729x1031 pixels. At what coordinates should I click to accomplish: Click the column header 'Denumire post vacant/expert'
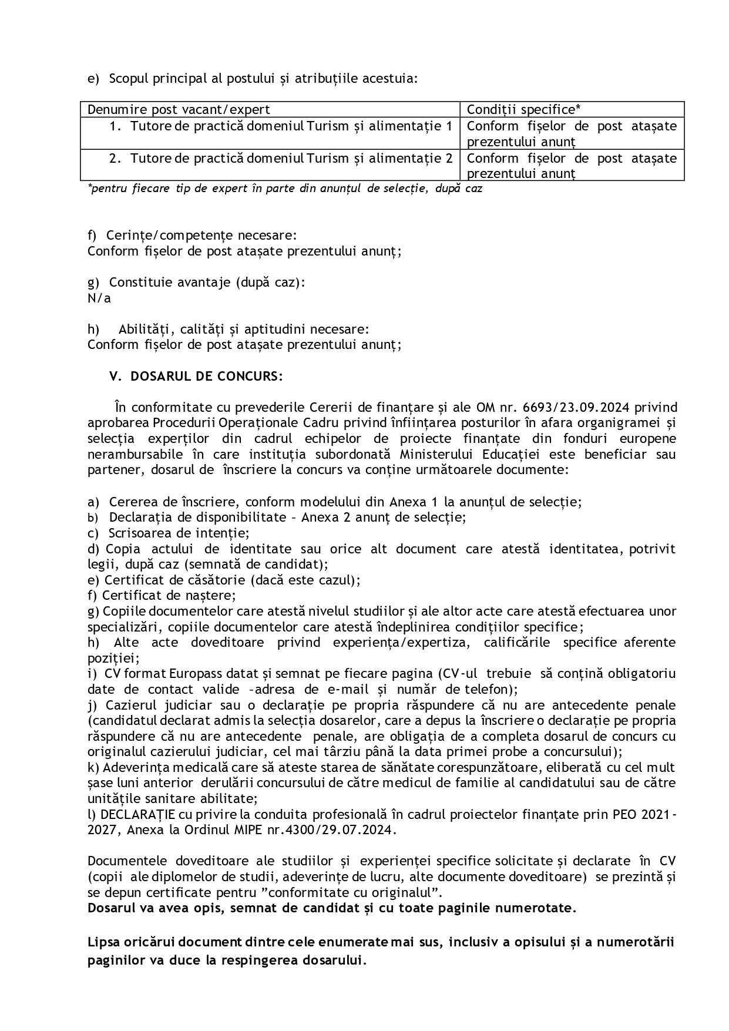click(179, 110)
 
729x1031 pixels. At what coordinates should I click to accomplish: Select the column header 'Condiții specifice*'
click(523, 110)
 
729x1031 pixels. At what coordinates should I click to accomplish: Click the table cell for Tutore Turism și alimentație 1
click(281, 126)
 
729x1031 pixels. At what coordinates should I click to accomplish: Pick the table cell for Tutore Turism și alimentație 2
click(281, 159)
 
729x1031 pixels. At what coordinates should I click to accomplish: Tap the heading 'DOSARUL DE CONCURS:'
click(206, 377)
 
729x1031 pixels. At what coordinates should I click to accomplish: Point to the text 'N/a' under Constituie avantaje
click(99, 298)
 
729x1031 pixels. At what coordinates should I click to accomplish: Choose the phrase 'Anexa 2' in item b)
click(325, 518)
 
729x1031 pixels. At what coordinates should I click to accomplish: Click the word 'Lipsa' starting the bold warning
click(102, 942)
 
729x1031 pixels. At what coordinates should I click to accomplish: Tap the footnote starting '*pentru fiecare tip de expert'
click(285, 189)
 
